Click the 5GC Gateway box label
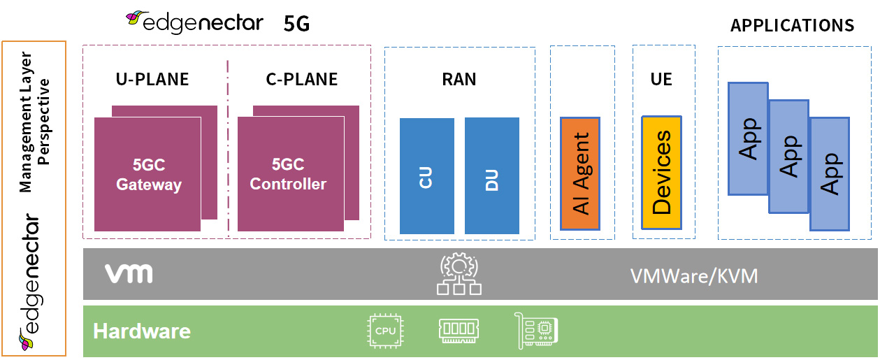click(148, 175)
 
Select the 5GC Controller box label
click(288, 174)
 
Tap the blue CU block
click(426, 175)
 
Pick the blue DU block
click(491, 175)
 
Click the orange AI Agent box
click(580, 173)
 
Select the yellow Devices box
click(661, 173)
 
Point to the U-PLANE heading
click(152, 80)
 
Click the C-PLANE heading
click(302, 80)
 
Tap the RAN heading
click(459, 80)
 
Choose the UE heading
click(661, 80)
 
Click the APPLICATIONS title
click(792, 26)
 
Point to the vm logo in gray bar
click(129, 274)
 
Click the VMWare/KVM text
click(694, 276)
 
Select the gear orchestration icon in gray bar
click(458, 274)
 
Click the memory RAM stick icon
click(459, 330)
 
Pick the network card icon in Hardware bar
click(535, 329)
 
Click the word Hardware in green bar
click(142, 331)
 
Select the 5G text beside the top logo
click(296, 24)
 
